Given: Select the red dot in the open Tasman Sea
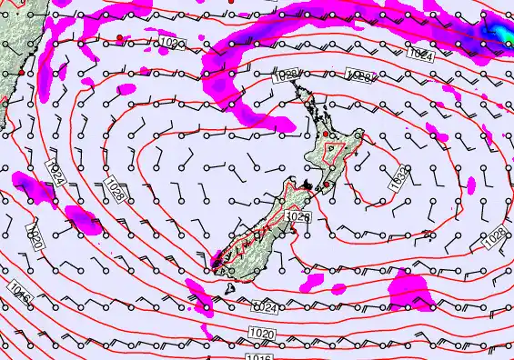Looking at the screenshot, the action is [119, 37].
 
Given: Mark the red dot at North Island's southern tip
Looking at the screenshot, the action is [325, 185].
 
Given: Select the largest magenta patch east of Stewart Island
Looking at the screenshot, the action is [408, 293].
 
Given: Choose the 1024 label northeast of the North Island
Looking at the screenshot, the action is [420, 55].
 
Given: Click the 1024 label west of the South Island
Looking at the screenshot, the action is [52, 174].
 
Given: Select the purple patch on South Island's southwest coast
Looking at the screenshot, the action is [217, 261].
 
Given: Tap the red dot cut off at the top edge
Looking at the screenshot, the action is [231, 3].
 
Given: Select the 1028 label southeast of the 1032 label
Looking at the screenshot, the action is [497, 235].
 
